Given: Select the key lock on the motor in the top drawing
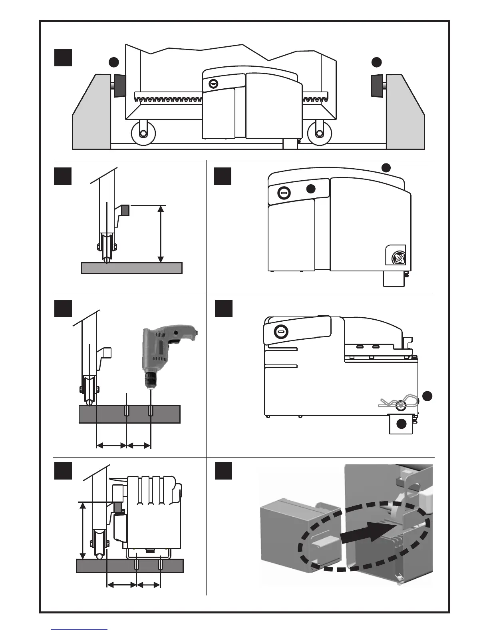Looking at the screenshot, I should pyautogui.click(x=213, y=84).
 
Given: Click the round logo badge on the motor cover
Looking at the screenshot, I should pyautogui.click(x=398, y=257).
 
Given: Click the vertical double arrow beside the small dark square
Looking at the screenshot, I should pyautogui.click(x=161, y=234).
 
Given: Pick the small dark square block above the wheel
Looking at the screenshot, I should pyautogui.click(x=125, y=210).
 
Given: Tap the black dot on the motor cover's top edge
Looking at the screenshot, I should pyautogui.click(x=386, y=167).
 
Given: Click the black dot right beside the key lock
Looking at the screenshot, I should pyautogui.click(x=311, y=189).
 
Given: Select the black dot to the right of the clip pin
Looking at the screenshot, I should pyautogui.click(x=427, y=396).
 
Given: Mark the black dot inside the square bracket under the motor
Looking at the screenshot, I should pyautogui.click(x=402, y=424).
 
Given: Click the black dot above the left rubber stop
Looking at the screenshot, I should pyautogui.click(x=114, y=62).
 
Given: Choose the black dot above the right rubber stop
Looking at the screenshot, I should pyautogui.click(x=376, y=62).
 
